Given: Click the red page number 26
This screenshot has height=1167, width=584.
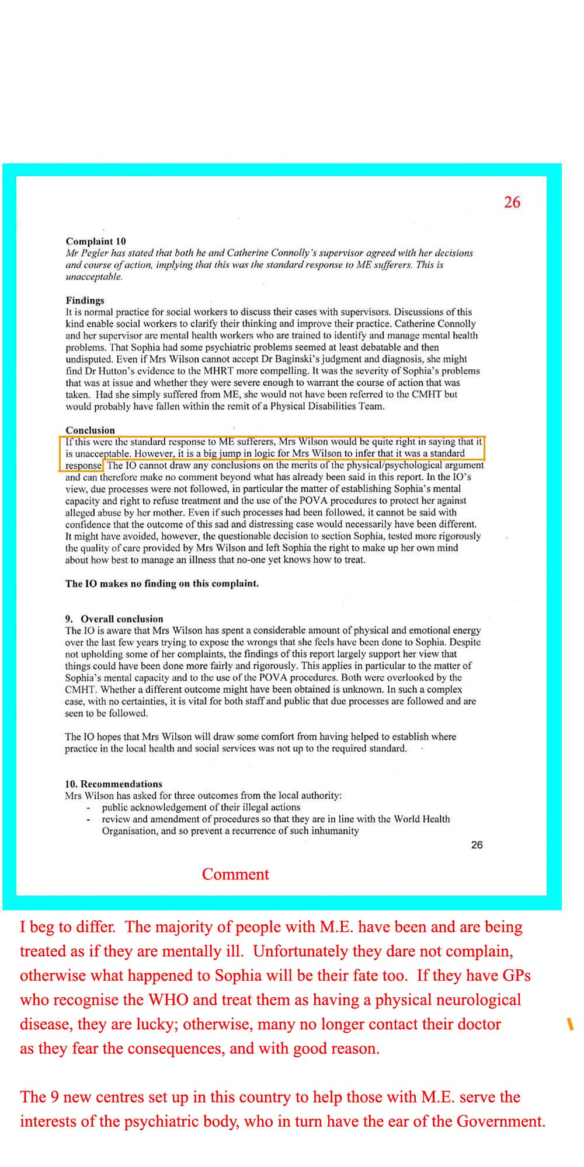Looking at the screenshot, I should [512, 202].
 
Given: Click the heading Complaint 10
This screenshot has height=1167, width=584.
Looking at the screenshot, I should [96, 241].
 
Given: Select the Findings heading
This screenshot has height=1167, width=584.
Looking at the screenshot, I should [85, 301].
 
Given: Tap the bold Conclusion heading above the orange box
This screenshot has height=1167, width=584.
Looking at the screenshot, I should [90, 430].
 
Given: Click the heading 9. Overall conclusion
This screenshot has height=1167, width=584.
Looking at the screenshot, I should [114, 619].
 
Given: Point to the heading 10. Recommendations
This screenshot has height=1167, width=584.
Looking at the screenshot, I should [113, 784].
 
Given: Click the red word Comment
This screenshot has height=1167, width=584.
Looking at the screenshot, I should [235, 874].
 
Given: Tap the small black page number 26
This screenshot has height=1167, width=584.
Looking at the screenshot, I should [477, 845].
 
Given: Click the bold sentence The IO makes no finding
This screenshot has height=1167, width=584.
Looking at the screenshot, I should [162, 583].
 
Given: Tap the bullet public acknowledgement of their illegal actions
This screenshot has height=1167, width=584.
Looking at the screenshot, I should [201, 807].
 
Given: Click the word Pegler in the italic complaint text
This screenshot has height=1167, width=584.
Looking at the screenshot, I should [95, 253].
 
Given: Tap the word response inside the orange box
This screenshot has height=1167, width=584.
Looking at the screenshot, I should [83, 466].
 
